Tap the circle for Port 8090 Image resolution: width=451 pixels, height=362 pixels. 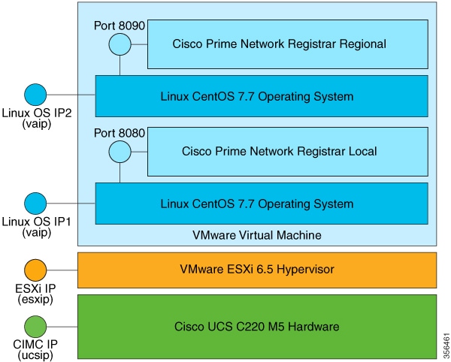[x=120, y=44]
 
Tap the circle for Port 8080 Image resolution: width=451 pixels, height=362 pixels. [x=120, y=151]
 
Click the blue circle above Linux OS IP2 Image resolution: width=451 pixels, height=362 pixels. [x=35, y=95]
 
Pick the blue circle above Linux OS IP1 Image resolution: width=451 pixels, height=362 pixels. [x=35, y=203]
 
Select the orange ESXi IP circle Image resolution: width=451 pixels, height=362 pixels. [x=35, y=270]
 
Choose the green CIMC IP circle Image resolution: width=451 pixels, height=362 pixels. [x=35, y=327]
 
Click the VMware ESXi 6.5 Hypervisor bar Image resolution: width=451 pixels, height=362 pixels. [x=257, y=270]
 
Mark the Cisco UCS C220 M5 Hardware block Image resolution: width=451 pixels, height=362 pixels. [x=257, y=327]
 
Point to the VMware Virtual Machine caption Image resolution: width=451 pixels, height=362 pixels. [x=257, y=235]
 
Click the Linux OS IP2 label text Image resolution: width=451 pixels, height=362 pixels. [x=35, y=113]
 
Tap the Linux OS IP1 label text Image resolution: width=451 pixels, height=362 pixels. [x=35, y=220]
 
